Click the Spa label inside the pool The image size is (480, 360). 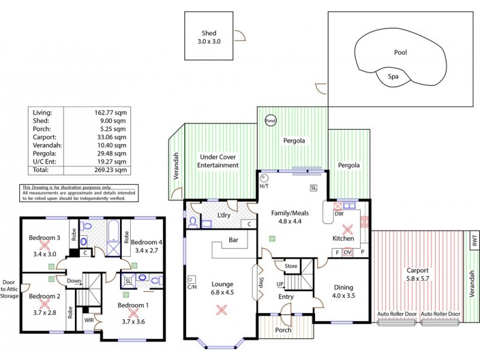click(392, 77)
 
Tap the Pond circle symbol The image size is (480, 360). click(271, 120)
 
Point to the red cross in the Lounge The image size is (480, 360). click(221, 310)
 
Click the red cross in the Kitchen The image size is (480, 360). click(347, 229)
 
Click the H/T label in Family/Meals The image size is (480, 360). click(265, 186)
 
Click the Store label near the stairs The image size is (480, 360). click(291, 265)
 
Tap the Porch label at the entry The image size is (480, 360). click(283, 330)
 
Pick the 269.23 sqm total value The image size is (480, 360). click(112, 170)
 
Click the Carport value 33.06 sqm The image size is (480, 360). click(112, 137)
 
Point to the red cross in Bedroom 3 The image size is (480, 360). click(44, 245)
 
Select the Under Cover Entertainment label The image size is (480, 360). click(219, 161)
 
